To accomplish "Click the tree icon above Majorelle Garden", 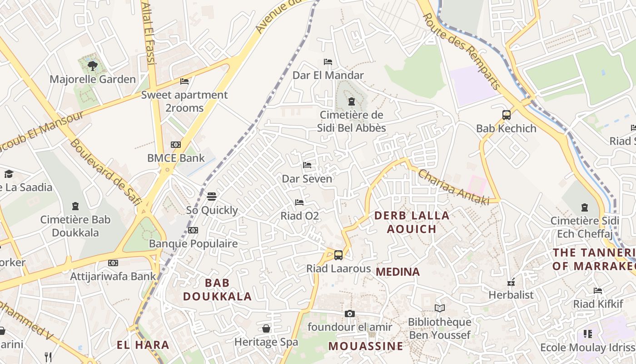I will coord(93,66).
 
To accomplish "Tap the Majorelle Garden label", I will coord(93,79).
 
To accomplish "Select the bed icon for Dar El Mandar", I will coord(328,62).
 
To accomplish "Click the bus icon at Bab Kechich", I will coord(507,115).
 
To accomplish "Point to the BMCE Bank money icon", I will coord(176,145).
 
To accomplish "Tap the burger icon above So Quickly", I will coord(212,197).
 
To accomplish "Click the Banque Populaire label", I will coord(193,243).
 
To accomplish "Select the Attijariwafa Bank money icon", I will coord(113,263).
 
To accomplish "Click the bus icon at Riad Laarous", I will coord(338,255).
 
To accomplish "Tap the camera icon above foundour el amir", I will coord(349,313).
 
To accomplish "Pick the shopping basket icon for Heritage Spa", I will coord(266,328).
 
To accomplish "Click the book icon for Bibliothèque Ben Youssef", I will coord(439,308).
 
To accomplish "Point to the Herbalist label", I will coord(511,295).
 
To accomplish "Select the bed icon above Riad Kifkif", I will coord(598,290).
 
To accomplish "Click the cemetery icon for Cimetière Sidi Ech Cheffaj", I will coord(585,207).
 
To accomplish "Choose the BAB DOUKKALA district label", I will coord(217,289).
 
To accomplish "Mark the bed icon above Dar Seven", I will coord(308,165).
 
